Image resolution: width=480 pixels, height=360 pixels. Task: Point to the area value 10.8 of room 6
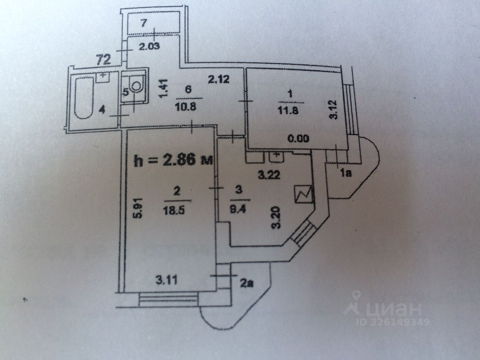(189, 106)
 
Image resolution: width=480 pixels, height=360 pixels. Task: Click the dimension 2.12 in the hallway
(218, 80)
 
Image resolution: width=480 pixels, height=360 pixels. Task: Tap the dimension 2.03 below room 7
(149, 47)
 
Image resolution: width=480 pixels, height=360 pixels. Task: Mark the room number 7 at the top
(144, 23)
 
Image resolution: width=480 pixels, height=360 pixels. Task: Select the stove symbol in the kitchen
(304, 194)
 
